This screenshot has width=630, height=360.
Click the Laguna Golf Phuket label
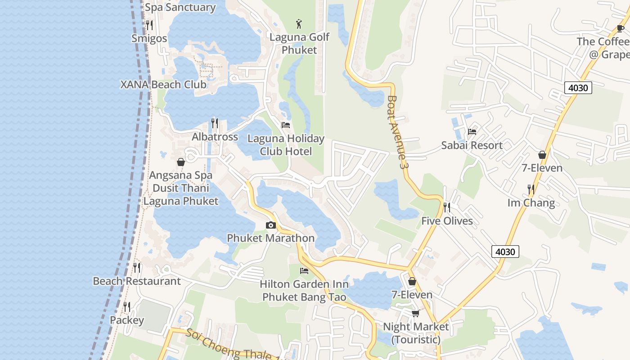coord(299,44)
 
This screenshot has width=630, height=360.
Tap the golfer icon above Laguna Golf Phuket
coord(299,23)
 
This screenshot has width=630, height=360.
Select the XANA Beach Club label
coord(163,85)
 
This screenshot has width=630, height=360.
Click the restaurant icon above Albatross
coord(215,123)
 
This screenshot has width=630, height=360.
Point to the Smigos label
coord(149,38)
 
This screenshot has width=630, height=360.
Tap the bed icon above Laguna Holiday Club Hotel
coord(286,125)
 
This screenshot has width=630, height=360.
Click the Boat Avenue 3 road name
coord(398,132)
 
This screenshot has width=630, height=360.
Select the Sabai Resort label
coord(472,145)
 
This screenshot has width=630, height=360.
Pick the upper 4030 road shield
coord(578,88)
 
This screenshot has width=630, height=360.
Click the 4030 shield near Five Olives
coord(505,252)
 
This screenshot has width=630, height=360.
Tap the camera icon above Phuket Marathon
coord(270,225)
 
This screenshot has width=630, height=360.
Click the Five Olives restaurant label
coord(447,221)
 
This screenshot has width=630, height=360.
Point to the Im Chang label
coord(531,203)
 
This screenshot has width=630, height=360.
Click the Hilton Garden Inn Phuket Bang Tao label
coord(304,291)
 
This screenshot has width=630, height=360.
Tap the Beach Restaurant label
coord(136,281)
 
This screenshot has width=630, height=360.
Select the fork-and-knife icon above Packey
coord(127,307)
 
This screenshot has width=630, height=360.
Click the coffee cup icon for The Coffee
coord(621,29)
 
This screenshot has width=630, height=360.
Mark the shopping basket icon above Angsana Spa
coord(181,162)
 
